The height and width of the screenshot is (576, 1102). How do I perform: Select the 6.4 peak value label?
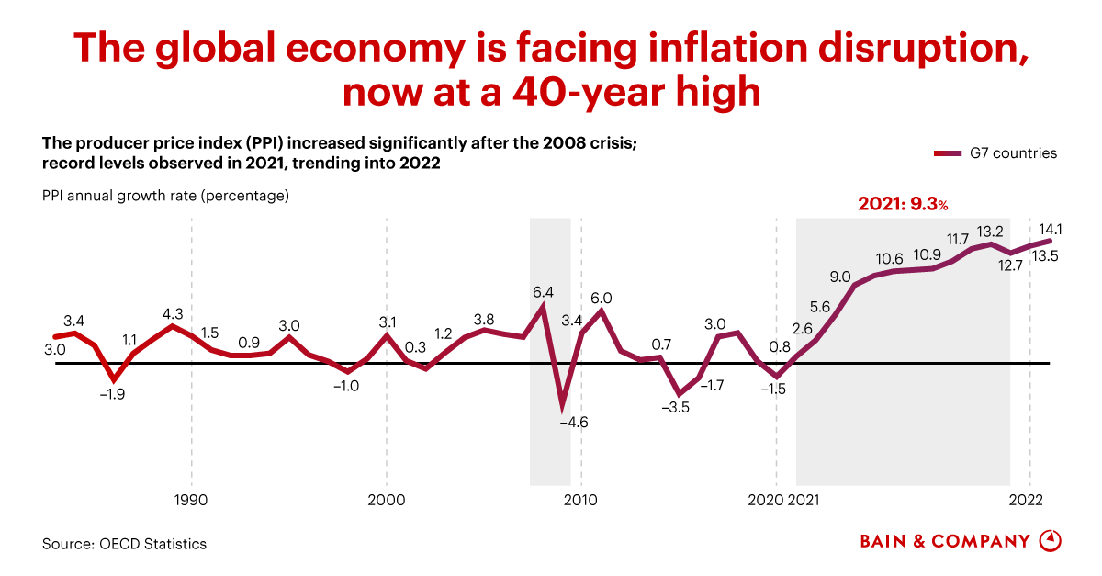click(543, 292)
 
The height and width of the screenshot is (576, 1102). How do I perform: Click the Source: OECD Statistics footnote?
click(124, 544)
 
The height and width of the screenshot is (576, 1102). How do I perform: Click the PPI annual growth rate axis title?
click(165, 196)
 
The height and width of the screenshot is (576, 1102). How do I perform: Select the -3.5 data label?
click(676, 406)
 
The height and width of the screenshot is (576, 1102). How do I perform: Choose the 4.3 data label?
click(172, 312)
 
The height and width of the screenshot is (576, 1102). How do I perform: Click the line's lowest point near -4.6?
click(562, 405)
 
